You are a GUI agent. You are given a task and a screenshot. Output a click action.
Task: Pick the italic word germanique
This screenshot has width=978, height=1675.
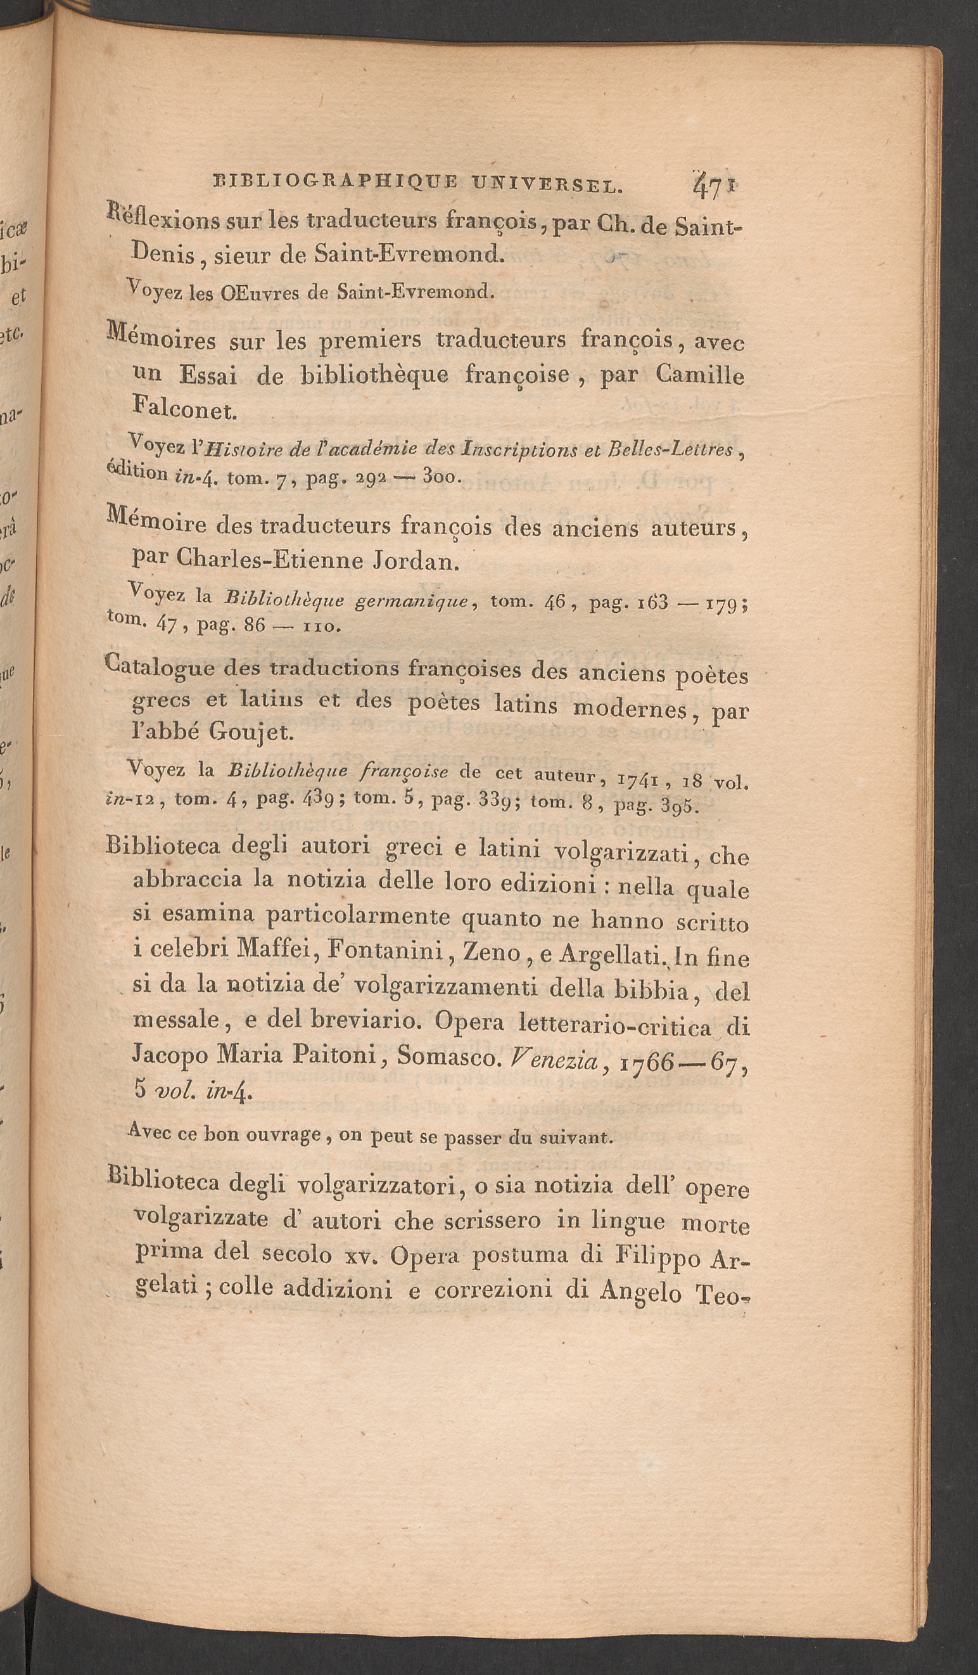click(x=412, y=601)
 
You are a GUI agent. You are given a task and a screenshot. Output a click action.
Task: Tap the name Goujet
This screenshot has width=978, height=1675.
click(x=249, y=732)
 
